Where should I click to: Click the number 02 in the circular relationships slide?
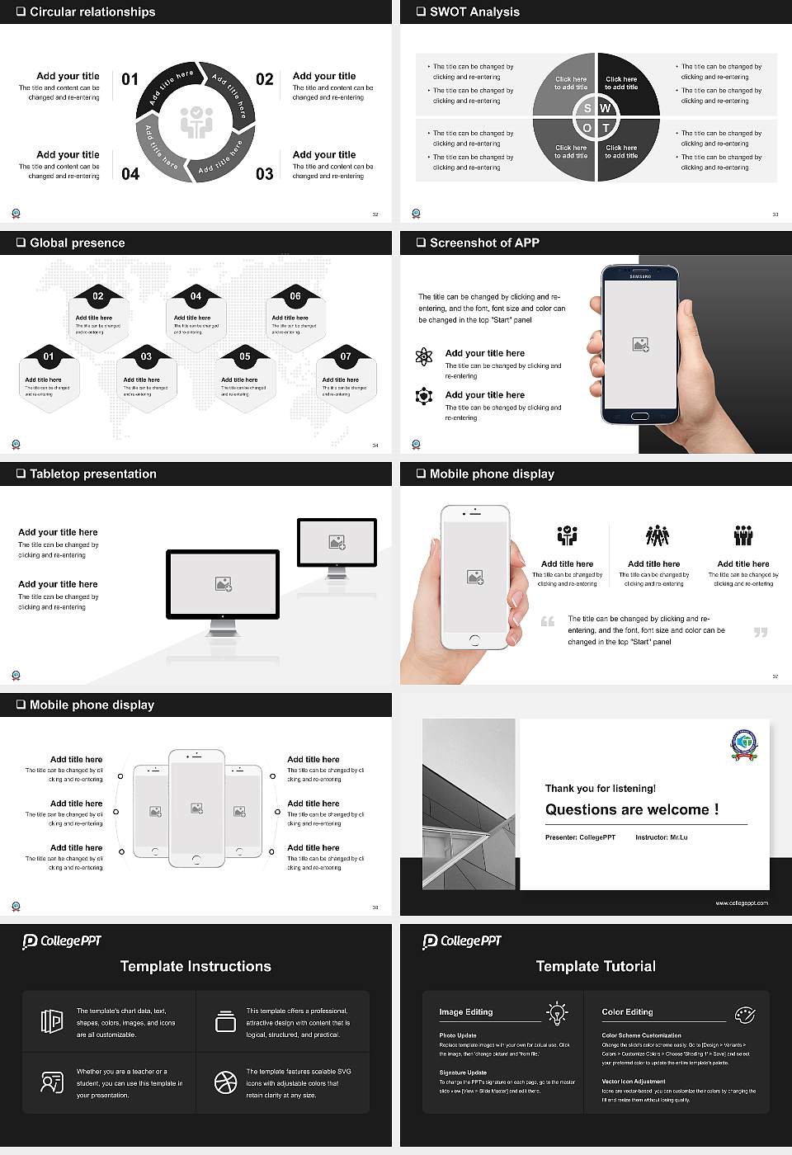click(x=264, y=79)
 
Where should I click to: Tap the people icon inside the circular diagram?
click(x=196, y=122)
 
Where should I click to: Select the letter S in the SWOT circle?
click(x=587, y=108)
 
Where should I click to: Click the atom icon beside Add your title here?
click(x=424, y=356)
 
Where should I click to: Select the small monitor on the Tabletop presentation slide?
click(x=337, y=544)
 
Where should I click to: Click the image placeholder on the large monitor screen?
click(x=223, y=584)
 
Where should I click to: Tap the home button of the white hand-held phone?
click(x=474, y=640)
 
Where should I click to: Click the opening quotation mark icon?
click(x=548, y=621)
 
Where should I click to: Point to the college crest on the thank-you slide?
click(x=744, y=745)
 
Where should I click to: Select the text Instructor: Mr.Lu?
click(x=661, y=837)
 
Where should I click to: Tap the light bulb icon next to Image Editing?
click(x=557, y=1012)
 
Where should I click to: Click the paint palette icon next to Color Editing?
click(x=744, y=1014)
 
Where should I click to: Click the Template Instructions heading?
click(x=196, y=966)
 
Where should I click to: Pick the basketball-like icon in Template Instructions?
click(x=225, y=1082)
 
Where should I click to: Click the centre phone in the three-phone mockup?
click(x=196, y=808)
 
